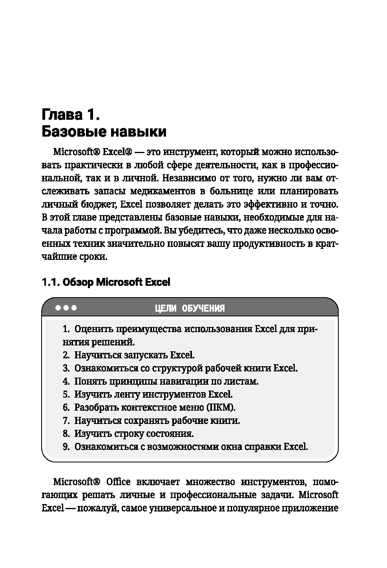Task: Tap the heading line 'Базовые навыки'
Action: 104,132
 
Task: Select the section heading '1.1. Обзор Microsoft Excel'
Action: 106,282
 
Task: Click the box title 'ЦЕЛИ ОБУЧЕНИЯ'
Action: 190,308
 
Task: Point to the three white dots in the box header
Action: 66,308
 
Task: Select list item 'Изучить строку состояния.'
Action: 134,434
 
